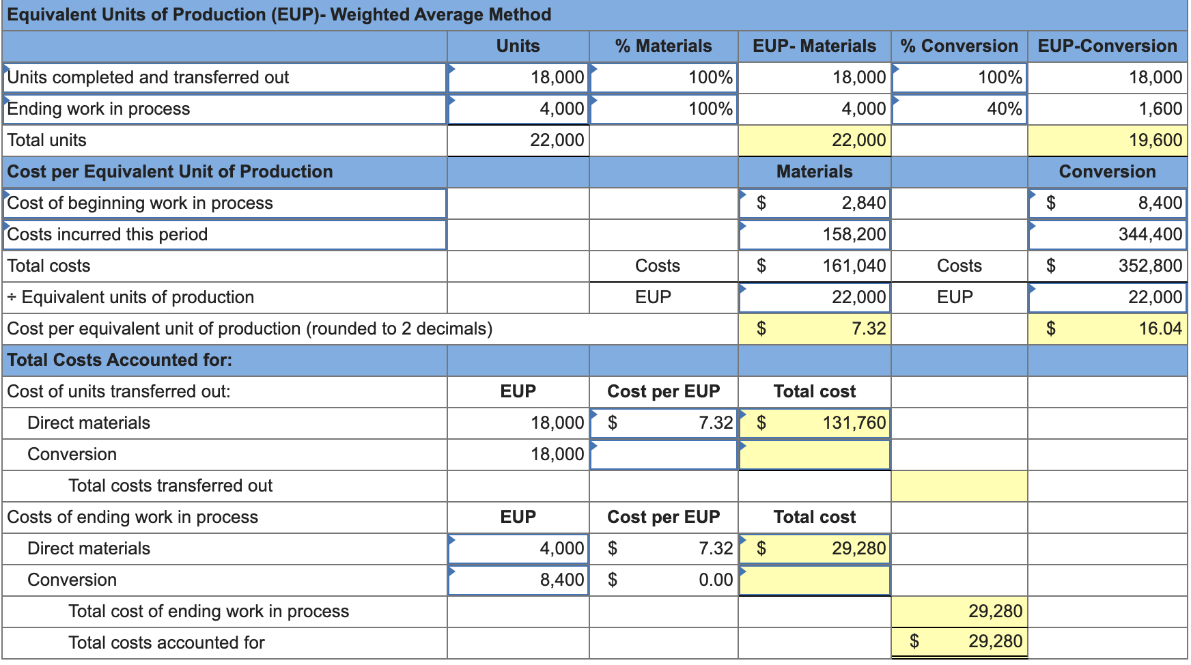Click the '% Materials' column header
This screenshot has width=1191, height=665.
663,46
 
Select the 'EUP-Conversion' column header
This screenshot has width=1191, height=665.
1107,46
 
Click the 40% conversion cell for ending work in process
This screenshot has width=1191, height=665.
1004,109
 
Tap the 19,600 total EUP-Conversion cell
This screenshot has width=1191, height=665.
1155,140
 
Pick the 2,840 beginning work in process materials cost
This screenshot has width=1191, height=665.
863,203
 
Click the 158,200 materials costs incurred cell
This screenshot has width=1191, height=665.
854,234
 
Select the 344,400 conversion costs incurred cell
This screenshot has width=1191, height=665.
1150,234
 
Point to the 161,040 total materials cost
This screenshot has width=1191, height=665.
854,266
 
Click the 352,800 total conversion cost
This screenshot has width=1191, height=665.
1150,266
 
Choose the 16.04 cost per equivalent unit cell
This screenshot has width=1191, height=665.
1160,328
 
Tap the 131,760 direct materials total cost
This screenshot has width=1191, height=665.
854,423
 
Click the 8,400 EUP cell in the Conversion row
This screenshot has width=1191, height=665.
561,580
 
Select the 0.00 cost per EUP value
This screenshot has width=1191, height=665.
715,580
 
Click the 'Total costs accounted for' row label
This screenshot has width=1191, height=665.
167,642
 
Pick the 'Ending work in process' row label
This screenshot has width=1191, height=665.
98,109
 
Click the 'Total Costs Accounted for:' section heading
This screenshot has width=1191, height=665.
120,360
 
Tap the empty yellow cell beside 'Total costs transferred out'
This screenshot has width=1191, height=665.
959,485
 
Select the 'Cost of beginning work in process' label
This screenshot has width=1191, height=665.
140,203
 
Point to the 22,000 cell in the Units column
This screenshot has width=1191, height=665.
557,140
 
